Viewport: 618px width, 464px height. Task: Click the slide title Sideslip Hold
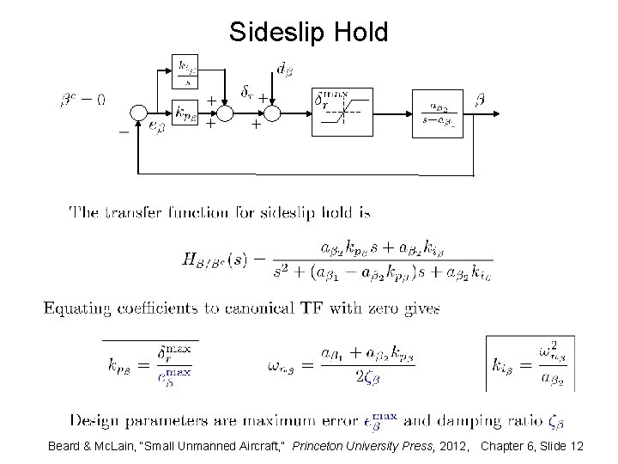click(x=309, y=32)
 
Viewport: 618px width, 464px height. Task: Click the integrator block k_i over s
click(x=186, y=73)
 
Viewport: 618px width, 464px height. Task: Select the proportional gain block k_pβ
click(x=186, y=112)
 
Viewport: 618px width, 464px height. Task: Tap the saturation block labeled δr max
click(x=342, y=112)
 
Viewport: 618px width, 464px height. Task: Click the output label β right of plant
click(x=479, y=100)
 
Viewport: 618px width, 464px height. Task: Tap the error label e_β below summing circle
click(x=156, y=128)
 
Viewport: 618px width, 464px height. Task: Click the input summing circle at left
click(x=139, y=112)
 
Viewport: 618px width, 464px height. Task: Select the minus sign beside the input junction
click(x=124, y=131)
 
